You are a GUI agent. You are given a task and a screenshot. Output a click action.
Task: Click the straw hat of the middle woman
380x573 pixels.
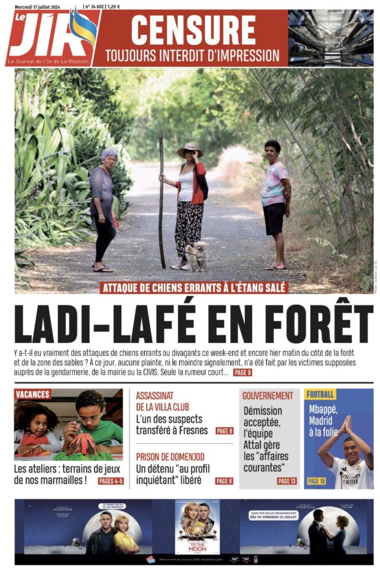(190, 150)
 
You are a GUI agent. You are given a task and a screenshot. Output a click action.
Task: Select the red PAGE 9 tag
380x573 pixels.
(242, 372)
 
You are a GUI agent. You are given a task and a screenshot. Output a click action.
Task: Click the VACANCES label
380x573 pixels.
(33, 394)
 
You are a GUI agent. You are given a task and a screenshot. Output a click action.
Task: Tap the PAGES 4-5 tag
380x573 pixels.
(110, 481)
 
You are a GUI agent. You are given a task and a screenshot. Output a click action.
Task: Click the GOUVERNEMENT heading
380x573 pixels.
(268, 395)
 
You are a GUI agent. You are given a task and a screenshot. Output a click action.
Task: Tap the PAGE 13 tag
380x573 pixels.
(286, 481)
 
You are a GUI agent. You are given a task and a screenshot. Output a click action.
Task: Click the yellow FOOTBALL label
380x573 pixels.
(320, 394)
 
